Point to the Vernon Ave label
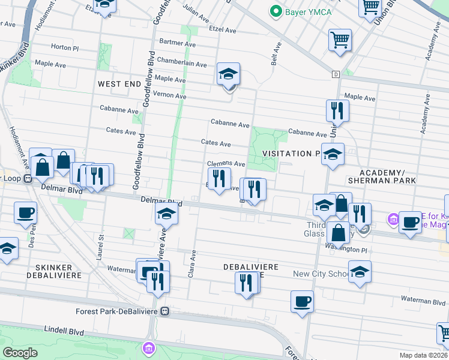click(x=170, y=95)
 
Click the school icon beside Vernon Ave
click(x=228, y=75)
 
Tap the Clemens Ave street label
click(x=226, y=164)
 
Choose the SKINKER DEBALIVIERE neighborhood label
click(x=49, y=271)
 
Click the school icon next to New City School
click(x=360, y=272)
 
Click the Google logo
click(x=20, y=353)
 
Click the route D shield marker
click(x=336, y=74)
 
